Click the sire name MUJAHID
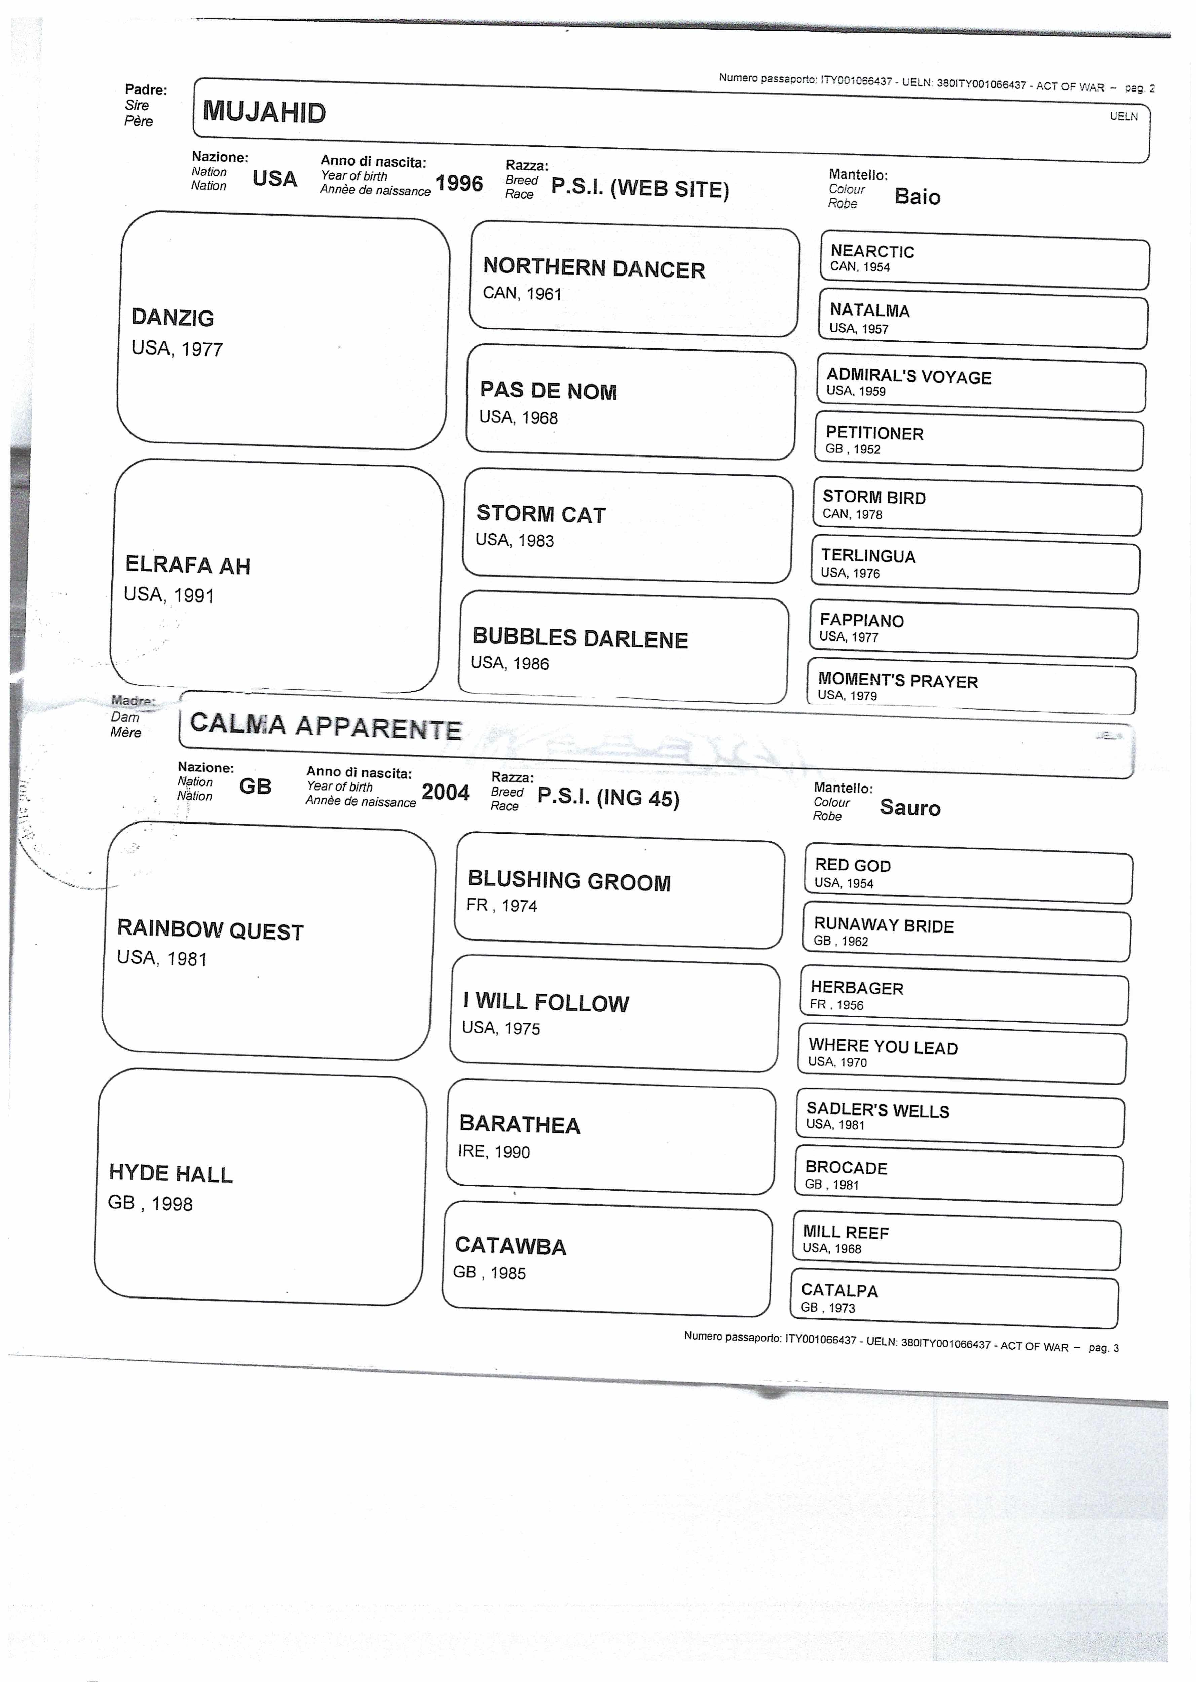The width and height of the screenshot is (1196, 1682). (264, 112)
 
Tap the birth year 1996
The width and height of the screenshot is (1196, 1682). (459, 183)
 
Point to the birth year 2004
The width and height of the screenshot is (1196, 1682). (445, 793)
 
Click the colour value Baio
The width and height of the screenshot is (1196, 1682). (917, 197)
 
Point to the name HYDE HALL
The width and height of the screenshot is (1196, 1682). (171, 1173)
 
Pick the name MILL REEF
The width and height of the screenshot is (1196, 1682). (846, 1232)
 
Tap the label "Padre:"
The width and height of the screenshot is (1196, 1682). (146, 90)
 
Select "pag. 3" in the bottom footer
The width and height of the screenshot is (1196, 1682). (1103, 1348)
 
